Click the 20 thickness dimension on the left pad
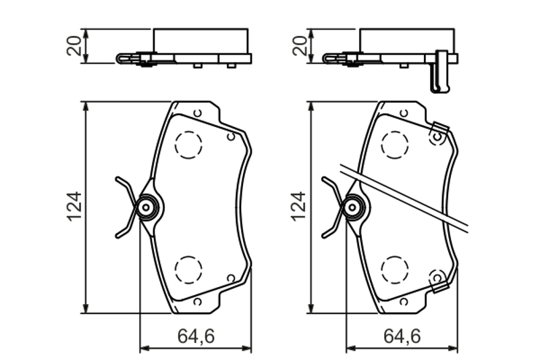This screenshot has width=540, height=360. click(x=76, y=45)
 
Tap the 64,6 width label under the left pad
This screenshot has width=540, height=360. click(x=196, y=336)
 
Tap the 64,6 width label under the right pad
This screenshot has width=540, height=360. click(x=402, y=336)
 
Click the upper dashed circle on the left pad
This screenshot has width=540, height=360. click(x=188, y=143)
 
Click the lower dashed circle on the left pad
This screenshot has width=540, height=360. click(x=188, y=269)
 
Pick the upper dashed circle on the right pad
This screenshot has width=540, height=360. click(x=395, y=143)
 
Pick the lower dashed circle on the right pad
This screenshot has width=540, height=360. click(x=395, y=269)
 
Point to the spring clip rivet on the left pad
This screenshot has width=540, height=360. click(x=145, y=207)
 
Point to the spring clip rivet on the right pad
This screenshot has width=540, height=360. click(x=352, y=207)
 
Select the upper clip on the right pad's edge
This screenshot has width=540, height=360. click(x=439, y=134)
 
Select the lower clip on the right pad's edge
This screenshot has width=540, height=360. click(x=439, y=280)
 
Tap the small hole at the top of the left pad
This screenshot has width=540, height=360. click(x=197, y=113)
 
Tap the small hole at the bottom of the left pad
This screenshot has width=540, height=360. click(x=197, y=301)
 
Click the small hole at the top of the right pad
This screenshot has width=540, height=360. click(x=404, y=113)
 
